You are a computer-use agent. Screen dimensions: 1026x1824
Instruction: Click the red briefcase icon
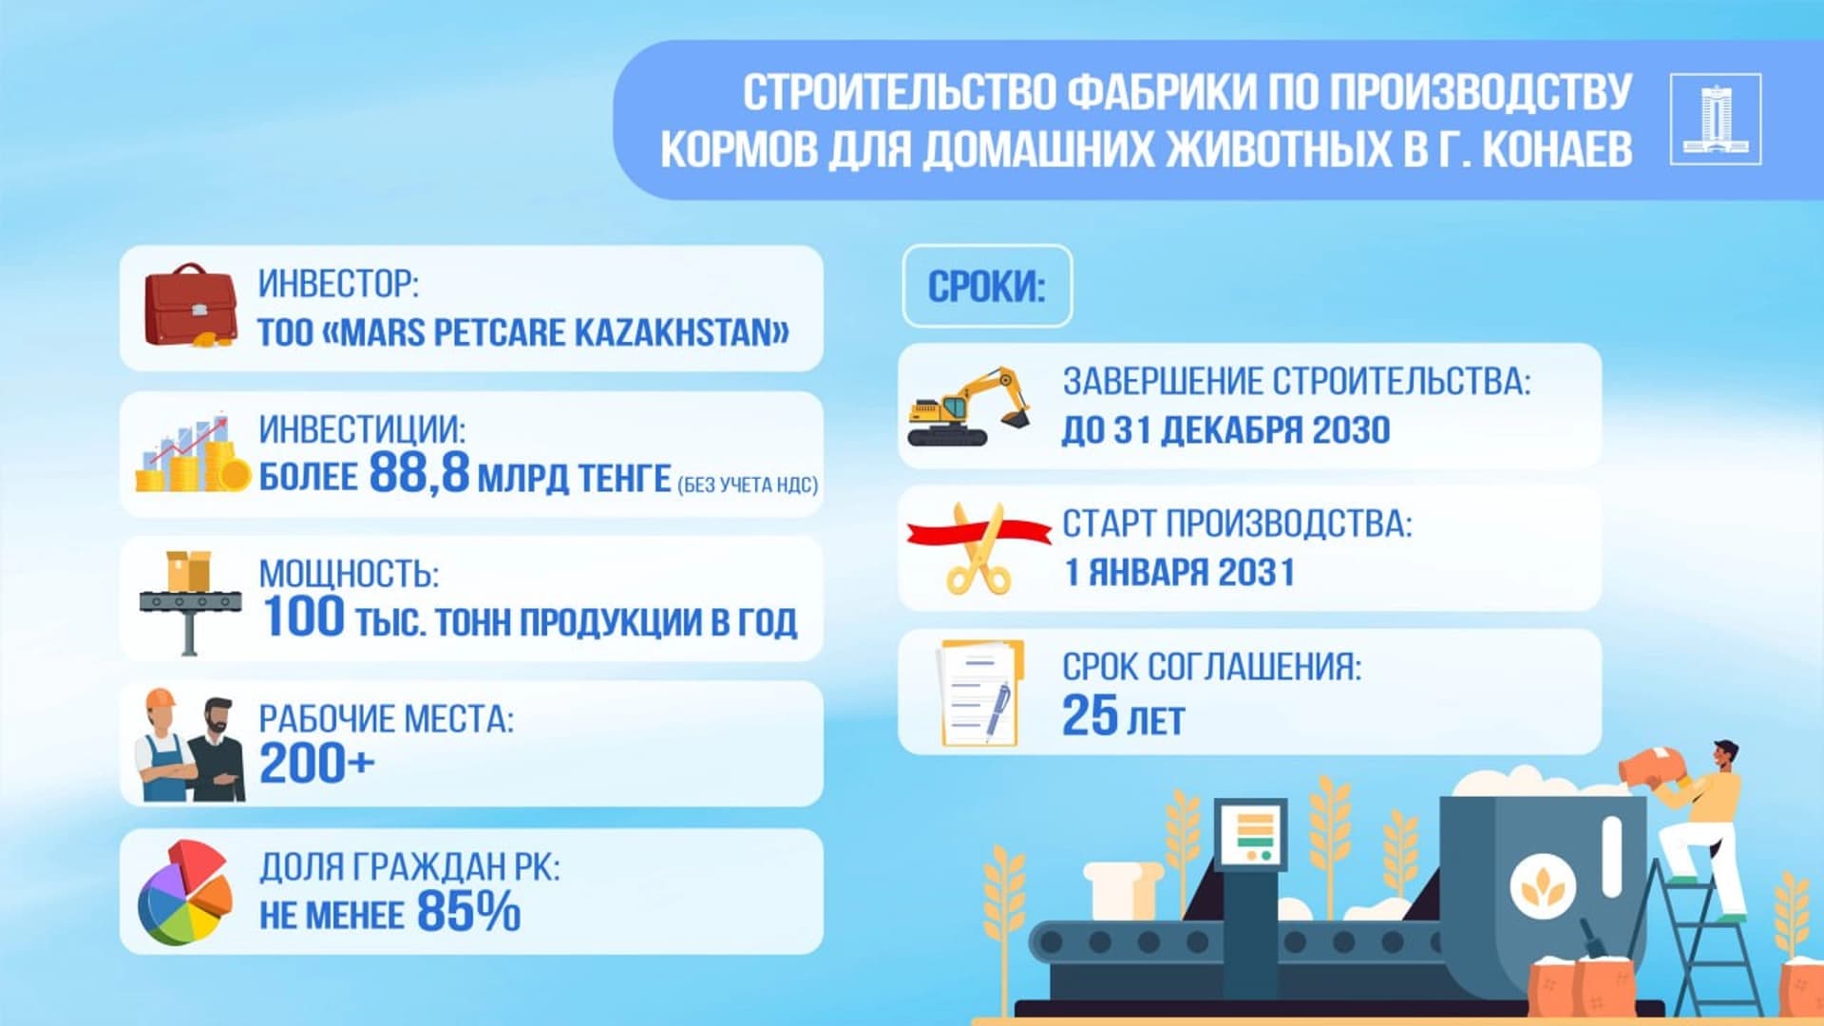pos(190,306)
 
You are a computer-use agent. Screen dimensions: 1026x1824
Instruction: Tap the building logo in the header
pos(1715,120)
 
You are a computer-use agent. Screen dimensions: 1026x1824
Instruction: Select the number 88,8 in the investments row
pos(419,472)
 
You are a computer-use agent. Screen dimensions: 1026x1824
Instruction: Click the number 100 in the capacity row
pos(303,617)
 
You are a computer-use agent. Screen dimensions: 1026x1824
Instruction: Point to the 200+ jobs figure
pos(316,764)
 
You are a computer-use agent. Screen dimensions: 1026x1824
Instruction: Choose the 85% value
pos(468,911)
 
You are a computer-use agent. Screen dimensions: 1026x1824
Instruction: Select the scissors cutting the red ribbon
pos(978,550)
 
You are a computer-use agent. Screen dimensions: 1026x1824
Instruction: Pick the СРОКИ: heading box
pos(986,286)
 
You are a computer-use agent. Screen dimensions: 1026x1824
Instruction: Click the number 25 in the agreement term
pos(1090,716)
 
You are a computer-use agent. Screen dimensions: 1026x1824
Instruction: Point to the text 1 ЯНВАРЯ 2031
pos(1179,573)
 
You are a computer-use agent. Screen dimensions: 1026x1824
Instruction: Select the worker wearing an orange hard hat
pos(163,746)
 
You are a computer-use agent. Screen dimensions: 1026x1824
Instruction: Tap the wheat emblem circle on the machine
pos(1543,886)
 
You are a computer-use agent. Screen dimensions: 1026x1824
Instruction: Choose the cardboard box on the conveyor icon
pos(188,571)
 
